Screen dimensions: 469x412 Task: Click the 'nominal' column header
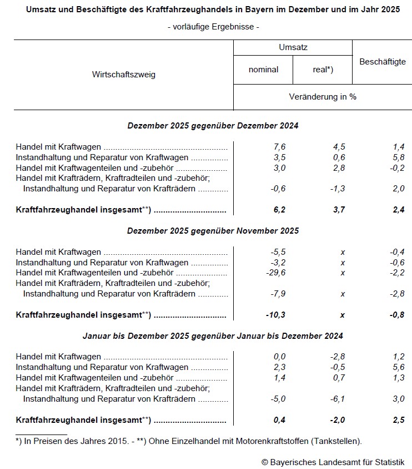264,70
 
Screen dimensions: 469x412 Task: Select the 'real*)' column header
323,70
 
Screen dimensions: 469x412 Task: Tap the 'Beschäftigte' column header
382,62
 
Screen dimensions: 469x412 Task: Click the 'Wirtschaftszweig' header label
124,75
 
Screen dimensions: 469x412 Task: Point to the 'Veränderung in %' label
323,97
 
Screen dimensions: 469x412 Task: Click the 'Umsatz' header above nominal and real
293,48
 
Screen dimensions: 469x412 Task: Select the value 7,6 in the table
279,147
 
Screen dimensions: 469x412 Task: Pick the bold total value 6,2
279,210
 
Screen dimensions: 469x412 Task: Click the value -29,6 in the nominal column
276,273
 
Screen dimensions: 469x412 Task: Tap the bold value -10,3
276,315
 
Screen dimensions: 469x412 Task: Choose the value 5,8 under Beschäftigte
398,157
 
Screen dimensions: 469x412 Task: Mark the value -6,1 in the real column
337,399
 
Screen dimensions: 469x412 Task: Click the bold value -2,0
337,419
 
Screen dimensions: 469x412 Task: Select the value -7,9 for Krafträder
278,294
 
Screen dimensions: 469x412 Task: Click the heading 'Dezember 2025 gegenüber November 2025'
213,231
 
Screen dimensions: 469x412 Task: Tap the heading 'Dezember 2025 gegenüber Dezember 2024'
213,126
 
